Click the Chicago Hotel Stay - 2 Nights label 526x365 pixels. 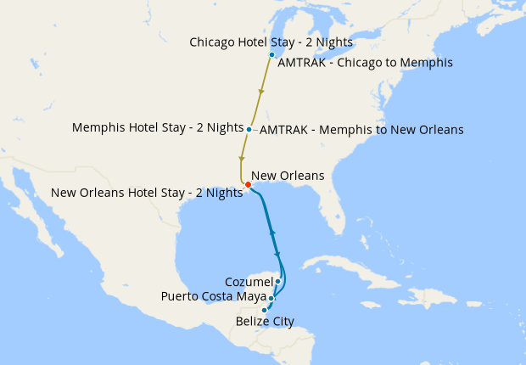point(271,42)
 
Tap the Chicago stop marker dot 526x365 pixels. point(271,55)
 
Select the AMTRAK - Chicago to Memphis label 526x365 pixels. point(365,62)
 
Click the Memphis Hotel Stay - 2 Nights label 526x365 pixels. point(158,128)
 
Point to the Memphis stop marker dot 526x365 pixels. point(249,129)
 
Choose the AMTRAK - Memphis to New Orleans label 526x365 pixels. point(361,130)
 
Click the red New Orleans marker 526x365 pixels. point(247,185)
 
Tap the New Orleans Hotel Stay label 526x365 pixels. point(147,193)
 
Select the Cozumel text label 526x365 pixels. point(249,281)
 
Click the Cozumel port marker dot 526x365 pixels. point(277,281)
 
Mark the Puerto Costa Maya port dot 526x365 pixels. point(271,298)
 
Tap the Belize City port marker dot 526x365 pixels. point(265,310)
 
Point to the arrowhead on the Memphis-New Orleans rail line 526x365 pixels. point(242,159)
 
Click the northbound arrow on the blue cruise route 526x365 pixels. point(271,230)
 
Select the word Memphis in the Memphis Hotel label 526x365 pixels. point(98,128)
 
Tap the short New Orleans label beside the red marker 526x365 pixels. point(288,176)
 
